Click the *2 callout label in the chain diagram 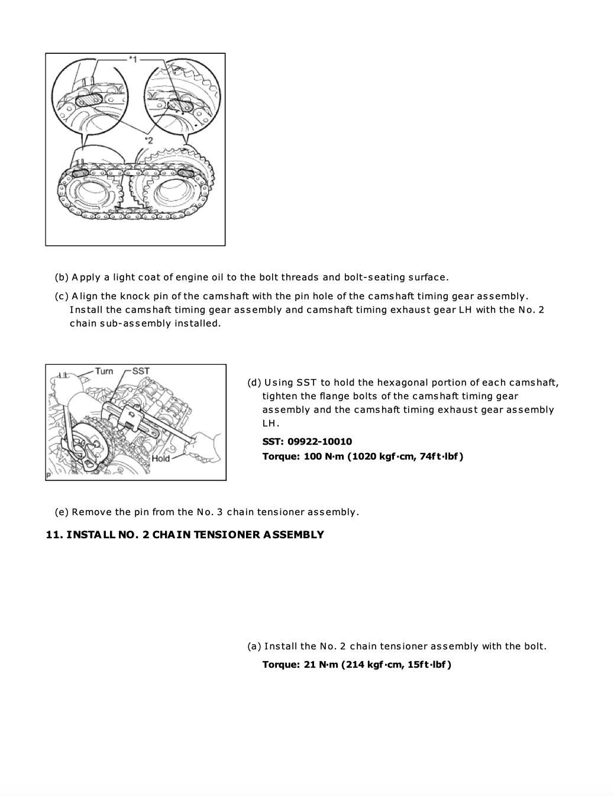148,140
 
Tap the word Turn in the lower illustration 104,371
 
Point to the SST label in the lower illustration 141,371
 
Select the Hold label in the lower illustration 160,458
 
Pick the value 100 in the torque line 313,456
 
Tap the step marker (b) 62,277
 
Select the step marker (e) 62,512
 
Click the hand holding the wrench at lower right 205,444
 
